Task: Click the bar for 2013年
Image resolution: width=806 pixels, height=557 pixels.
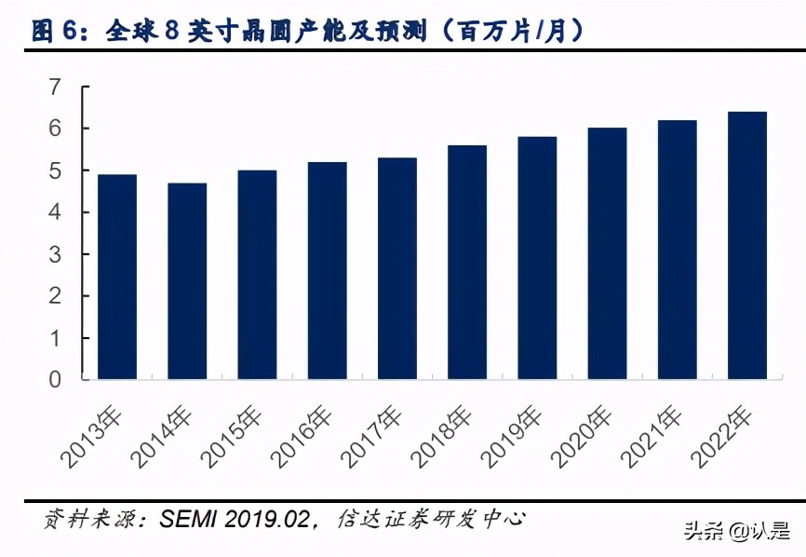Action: click(117, 277)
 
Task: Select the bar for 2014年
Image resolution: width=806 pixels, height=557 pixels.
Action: click(187, 281)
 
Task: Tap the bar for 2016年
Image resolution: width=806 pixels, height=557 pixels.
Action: click(328, 270)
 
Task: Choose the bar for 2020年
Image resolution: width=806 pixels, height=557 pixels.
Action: click(607, 253)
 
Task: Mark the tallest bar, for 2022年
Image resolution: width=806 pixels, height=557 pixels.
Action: click(747, 245)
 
